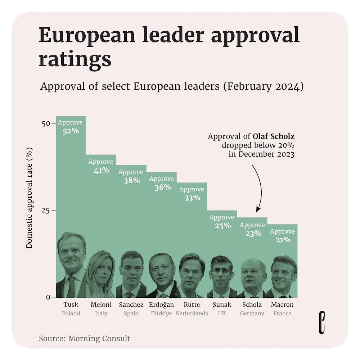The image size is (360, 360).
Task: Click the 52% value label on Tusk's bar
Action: point(71,131)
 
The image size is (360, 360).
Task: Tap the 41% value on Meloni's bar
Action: point(101,170)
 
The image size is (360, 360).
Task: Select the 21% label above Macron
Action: point(282,240)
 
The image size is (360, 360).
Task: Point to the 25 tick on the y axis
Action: point(46,211)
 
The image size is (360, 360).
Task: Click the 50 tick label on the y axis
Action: point(46,123)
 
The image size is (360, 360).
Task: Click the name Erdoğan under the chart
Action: point(161,305)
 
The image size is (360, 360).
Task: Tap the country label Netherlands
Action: point(192,314)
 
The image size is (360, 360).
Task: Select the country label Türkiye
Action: point(161,314)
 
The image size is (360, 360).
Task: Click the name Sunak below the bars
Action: point(222,305)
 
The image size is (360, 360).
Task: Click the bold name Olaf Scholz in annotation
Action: point(274,137)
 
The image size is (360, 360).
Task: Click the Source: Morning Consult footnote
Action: point(85,338)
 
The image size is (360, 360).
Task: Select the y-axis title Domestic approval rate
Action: point(30,198)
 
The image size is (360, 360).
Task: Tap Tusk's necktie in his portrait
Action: point(71,287)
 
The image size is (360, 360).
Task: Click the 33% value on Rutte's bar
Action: point(192,198)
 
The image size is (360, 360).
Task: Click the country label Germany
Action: point(252,314)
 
